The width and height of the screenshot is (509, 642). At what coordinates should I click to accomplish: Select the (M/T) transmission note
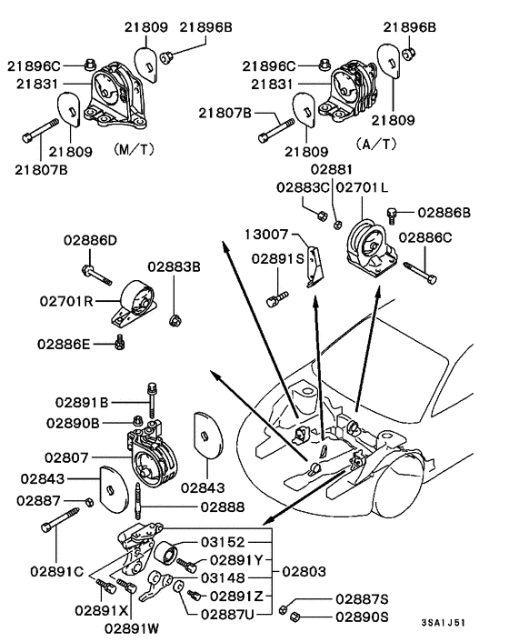[x=134, y=146]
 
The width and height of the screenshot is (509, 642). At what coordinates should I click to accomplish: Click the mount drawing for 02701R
[x=135, y=304]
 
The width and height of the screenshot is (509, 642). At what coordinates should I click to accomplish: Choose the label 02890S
[x=362, y=617]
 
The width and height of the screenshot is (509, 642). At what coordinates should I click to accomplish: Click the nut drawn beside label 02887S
[x=285, y=607]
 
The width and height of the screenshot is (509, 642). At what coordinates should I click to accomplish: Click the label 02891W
[x=129, y=627]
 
